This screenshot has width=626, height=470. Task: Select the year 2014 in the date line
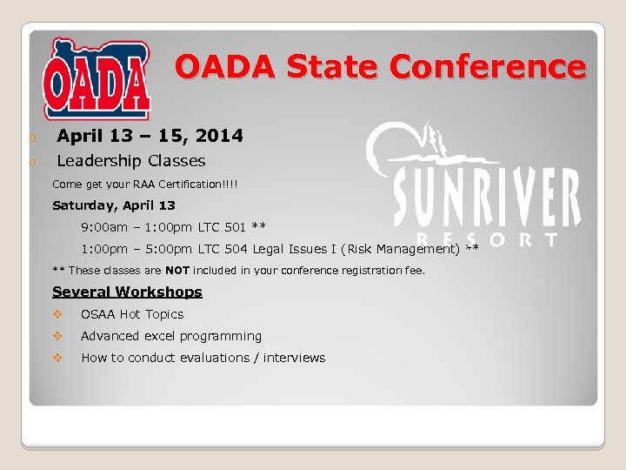pos(219,136)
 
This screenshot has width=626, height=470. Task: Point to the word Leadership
pos(98,161)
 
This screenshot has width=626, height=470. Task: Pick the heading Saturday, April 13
pos(114,205)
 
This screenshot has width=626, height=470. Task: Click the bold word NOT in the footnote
pos(177,270)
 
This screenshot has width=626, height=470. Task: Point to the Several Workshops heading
pos(127,292)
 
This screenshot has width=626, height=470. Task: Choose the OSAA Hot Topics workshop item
pos(132,314)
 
